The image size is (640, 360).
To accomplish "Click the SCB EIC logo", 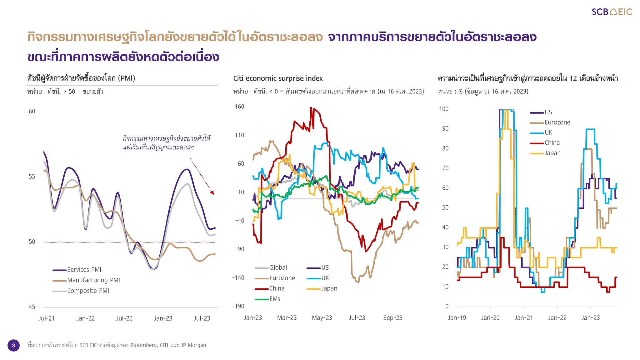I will pyautogui.click(x=612, y=12).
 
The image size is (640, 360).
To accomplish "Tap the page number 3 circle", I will pyautogui.click(x=13, y=345).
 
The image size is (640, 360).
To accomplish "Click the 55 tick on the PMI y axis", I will pyautogui.click(x=32, y=177).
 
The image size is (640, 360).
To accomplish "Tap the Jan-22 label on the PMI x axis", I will pyautogui.click(x=85, y=318).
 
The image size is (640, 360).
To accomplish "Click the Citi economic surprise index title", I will pyautogui.click(x=278, y=78).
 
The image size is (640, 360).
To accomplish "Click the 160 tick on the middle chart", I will pyautogui.click(x=239, y=107).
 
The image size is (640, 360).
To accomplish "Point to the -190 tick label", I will pyautogui.click(x=238, y=306).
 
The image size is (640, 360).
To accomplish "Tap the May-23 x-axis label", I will pyautogui.click(x=322, y=318).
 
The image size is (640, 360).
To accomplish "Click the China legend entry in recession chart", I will pyautogui.click(x=552, y=143).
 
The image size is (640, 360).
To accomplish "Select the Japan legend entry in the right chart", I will pyautogui.click(x=552, y=153).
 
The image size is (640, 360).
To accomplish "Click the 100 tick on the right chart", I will pyautogui.click(x=443, y=109).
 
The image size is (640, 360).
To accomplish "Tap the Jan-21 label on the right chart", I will pyautogui.click(x=523, y=318).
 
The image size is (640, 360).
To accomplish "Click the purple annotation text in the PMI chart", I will pyautogui.click(x=166, y=143).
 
